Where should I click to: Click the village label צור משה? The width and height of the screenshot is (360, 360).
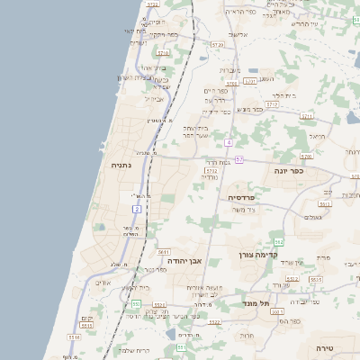tap(243, 209)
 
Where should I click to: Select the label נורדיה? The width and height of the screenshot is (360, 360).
tap(208, 177)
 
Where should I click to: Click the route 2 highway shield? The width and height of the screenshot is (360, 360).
tap(137, 208)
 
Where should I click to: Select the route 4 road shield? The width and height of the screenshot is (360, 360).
tap(229, 143)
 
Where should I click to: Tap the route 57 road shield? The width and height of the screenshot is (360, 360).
tap(239, 159)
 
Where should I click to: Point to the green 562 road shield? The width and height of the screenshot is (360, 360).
tap(279, 241)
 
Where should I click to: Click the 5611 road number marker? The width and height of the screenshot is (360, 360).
tap(163, 253)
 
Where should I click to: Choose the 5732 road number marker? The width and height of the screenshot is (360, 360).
tap(211, 169)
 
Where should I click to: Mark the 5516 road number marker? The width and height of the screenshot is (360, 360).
tap(74, 337)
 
